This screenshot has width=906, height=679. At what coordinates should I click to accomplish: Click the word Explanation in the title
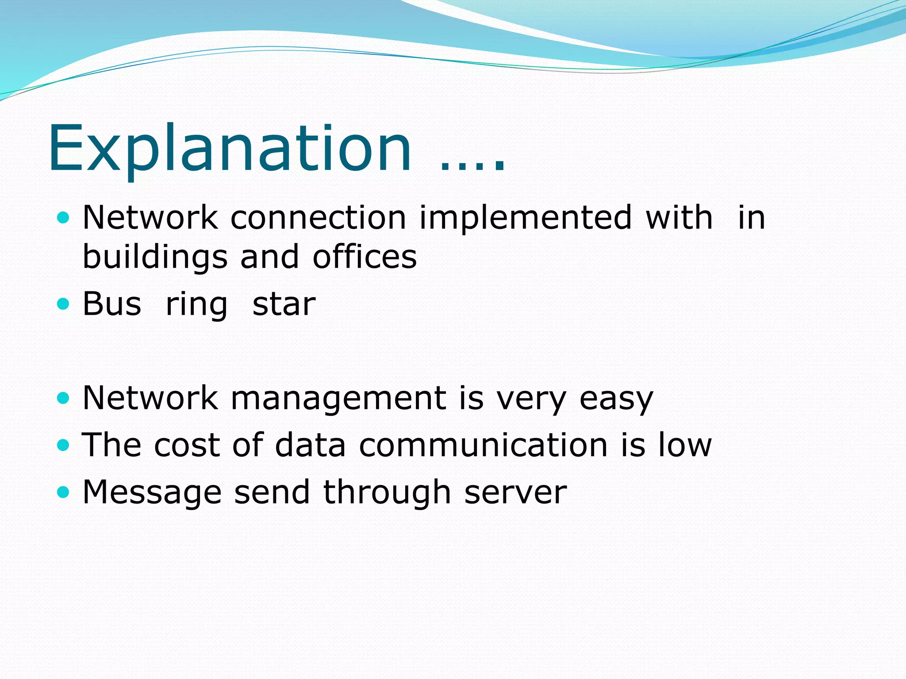(230, 148)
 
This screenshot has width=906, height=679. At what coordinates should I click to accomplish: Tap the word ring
(196, 305)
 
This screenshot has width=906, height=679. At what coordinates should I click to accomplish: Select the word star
(284, 305)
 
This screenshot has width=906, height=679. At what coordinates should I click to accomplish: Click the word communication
(483, 445)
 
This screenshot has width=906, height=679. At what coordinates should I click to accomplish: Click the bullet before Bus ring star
(64, 304)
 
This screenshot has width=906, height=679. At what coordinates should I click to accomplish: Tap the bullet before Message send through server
(64, 492)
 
